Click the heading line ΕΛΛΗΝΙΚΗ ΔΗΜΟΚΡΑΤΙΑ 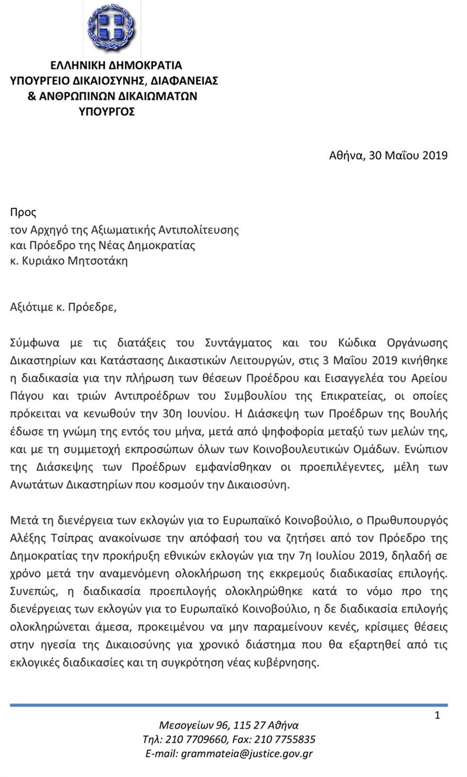coord(116,66)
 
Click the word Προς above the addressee coord(23,213)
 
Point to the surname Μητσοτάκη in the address coord(98,261)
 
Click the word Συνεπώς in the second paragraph coord(31,591)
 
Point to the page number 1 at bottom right coord(437,715)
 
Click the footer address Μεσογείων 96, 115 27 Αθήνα coord(229,726)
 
